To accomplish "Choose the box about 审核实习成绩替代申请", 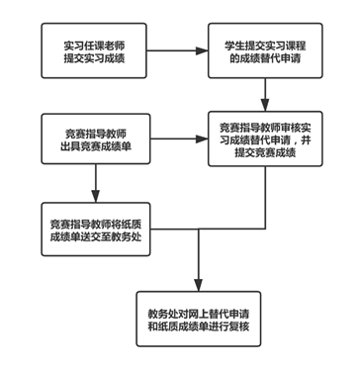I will pyautogui.click(x=265, y=139).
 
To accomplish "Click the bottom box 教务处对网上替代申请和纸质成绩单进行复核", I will pyautogui.click(x=199, y=319).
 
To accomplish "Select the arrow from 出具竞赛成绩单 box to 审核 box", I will pyautogui.click(x=178, y=139).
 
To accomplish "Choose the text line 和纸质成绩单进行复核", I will pyautogui.click(x=199, y=326).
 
